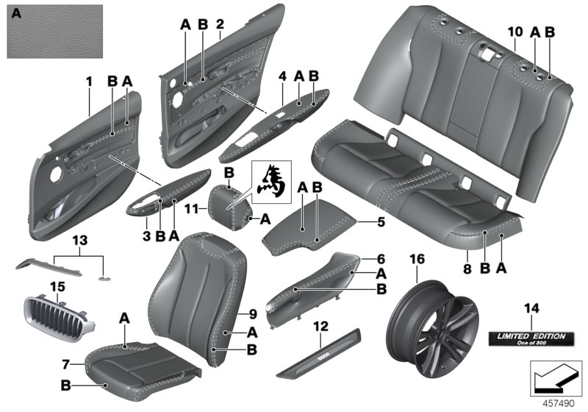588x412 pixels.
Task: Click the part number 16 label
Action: tap(417, 260)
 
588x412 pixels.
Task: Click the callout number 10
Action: tap(514, 32)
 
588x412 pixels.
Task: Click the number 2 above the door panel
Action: tap(220, 24)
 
